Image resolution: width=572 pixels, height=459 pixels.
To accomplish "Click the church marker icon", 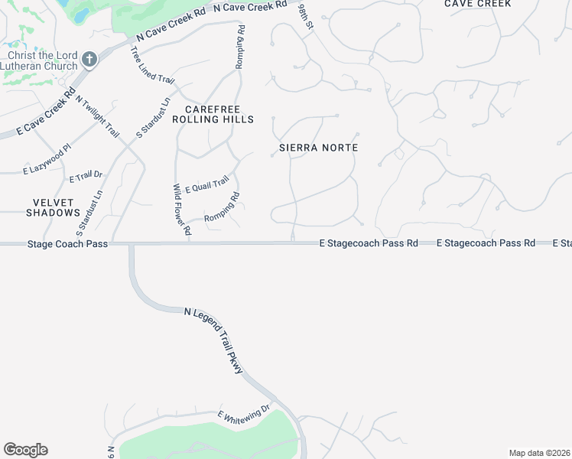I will [89, 60].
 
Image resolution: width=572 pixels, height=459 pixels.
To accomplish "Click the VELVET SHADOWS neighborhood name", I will [53, 207].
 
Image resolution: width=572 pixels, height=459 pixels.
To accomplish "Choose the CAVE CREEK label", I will [478, 4].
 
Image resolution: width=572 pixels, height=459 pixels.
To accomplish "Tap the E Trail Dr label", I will [85, 177].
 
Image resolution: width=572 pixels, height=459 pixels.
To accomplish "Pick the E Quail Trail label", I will [206, 184].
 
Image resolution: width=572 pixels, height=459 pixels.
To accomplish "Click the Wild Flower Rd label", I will [181, 209].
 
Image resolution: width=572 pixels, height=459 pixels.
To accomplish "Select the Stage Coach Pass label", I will [67, 244].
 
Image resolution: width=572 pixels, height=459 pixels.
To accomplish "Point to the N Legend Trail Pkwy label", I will [214, 340].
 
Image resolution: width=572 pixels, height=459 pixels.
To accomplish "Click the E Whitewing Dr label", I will [244, 415].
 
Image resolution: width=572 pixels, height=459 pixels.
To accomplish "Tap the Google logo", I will [25, 450].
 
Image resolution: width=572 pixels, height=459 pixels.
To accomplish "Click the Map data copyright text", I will [539, 453].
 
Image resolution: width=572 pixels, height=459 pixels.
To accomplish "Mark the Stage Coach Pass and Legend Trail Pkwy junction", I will [131, 244].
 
